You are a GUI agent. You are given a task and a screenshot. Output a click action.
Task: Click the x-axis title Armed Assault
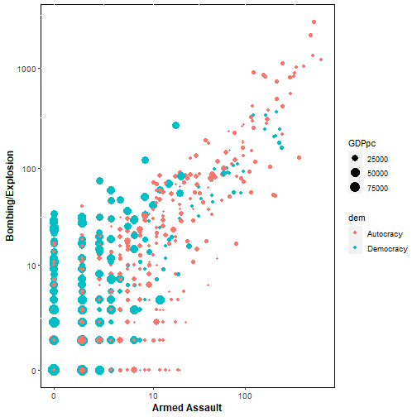click(187, 408)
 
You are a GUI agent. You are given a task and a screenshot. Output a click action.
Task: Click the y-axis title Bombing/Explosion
click(10, 196)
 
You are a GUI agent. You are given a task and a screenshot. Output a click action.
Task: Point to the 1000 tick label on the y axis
click(26, 69)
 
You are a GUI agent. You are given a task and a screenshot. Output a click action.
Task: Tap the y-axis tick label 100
click(29, 169)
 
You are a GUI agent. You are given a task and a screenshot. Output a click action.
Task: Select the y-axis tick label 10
click(31, 266)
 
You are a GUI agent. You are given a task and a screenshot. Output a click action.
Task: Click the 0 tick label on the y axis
click(34, 371)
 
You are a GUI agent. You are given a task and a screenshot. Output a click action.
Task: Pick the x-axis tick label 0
click(54, 396)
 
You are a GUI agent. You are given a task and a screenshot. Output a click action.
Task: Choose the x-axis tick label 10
click(153, 396)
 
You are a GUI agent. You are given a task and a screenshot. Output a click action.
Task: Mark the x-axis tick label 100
click(245, 396)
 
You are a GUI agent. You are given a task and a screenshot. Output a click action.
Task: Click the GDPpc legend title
click(362, 143)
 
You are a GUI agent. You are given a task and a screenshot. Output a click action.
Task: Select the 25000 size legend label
click(377, 159)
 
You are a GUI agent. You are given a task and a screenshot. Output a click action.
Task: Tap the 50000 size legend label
click(377, 174)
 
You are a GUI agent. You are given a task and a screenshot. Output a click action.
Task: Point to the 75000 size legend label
click(377, 188)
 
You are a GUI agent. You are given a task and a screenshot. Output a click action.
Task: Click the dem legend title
click(357, 218)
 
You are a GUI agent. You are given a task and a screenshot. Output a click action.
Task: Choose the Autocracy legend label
click(385, 234)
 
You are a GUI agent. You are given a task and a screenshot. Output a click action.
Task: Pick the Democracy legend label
click(387, 249)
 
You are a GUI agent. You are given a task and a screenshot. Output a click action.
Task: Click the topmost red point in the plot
click(314, 22)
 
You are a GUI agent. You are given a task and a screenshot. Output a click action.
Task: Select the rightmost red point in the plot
click(321, 60)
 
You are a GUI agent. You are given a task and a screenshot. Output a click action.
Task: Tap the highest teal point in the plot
click(175, 126)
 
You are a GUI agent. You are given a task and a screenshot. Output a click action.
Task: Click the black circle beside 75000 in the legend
click(355, 187)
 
